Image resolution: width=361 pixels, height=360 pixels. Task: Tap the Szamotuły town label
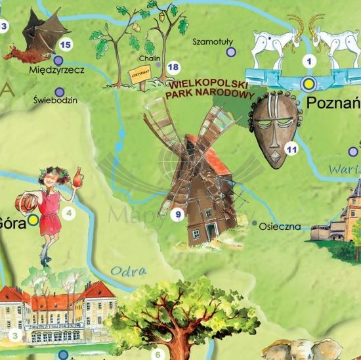point(213,41)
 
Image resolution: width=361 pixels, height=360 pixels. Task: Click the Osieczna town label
point(280,226)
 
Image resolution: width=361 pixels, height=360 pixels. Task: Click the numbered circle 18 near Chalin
point(173,67)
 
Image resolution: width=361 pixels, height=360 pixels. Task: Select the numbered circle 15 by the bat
point(65,45)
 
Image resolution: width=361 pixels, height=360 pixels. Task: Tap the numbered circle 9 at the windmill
point(175,214)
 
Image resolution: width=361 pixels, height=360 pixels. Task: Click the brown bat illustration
point(36,36)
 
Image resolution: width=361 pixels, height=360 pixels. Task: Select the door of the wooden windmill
point(211,232)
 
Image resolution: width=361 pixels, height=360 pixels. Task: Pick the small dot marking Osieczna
point(255,223)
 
